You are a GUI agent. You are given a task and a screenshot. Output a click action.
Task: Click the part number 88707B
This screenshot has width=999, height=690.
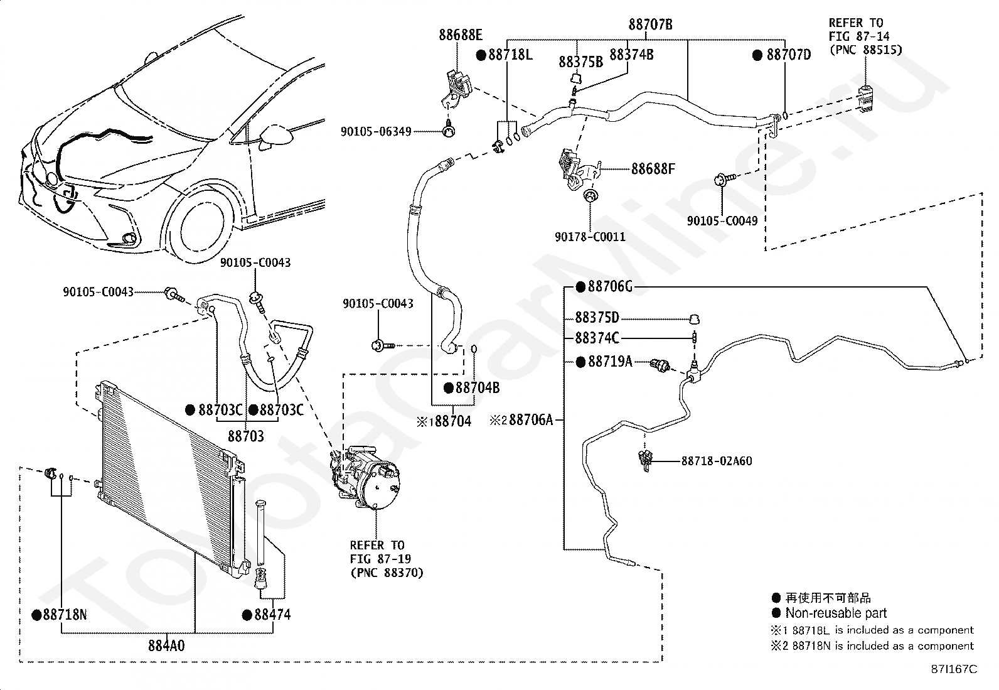650,25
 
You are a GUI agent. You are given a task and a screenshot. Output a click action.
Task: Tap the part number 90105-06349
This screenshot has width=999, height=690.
376,132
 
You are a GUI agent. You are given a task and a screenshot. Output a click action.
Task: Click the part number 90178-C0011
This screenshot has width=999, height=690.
590,237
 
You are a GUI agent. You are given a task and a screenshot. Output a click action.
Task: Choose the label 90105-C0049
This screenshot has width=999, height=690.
722,221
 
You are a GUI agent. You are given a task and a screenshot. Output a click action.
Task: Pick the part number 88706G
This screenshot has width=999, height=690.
609,287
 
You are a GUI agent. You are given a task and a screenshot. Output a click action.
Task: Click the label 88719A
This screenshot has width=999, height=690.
609,362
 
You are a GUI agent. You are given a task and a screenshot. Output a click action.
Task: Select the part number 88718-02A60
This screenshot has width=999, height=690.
717,461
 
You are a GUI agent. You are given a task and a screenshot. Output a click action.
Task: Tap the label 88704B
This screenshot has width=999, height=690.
477,388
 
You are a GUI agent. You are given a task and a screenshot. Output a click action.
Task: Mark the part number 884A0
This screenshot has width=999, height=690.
166,645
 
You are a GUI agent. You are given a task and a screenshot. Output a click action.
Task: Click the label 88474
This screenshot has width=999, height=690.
272,615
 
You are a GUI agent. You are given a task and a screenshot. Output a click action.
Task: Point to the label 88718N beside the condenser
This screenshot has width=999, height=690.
65,615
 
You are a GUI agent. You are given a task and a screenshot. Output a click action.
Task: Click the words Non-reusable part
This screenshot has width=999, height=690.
836,613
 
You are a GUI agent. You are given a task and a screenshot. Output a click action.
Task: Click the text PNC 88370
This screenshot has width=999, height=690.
386,573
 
